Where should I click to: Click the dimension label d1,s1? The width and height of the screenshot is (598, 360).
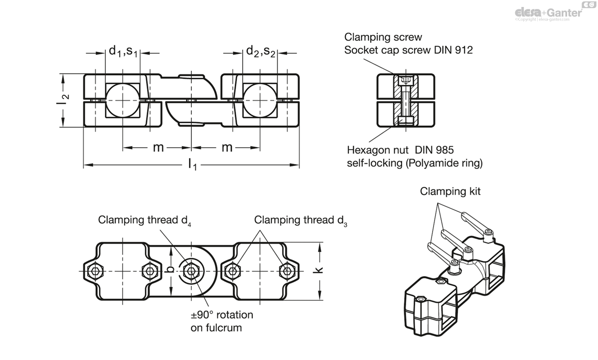[x=123, y=51]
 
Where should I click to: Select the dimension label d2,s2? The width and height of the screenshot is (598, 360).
[x=261, y=51]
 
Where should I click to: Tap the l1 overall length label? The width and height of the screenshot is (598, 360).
[x=192, y=164]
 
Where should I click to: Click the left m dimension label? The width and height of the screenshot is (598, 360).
[x=158, y=148]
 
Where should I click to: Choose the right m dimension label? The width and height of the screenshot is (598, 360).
[x=227, y=148]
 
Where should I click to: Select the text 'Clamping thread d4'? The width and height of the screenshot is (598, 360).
[x=145, y=220]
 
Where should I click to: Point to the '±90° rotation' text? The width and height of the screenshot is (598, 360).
[x=222, y=315]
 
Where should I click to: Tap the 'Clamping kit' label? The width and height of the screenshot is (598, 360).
[x=450, y=191]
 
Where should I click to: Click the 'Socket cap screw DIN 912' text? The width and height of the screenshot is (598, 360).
[x=409, y=50]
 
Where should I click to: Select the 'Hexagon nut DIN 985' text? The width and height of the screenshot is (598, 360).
[x=400, y=149]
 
